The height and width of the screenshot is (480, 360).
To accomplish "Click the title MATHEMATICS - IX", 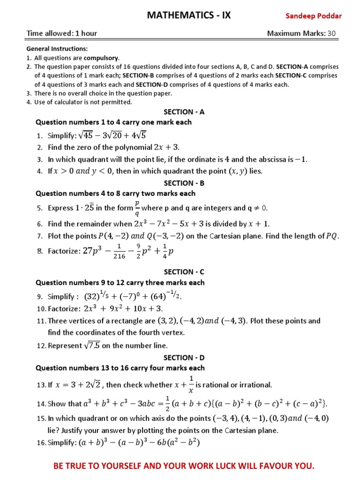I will [x=189, y=15].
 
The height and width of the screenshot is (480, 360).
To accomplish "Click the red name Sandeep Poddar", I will [x=314, y=16].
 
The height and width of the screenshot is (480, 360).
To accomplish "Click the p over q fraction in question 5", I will [x=137, y=208].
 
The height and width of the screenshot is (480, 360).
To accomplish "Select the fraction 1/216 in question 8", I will [x=120, y=252].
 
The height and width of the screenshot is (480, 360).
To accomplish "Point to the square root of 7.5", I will [x=90, y=345].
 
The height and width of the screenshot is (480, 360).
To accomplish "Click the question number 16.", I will [x=41, y=442].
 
